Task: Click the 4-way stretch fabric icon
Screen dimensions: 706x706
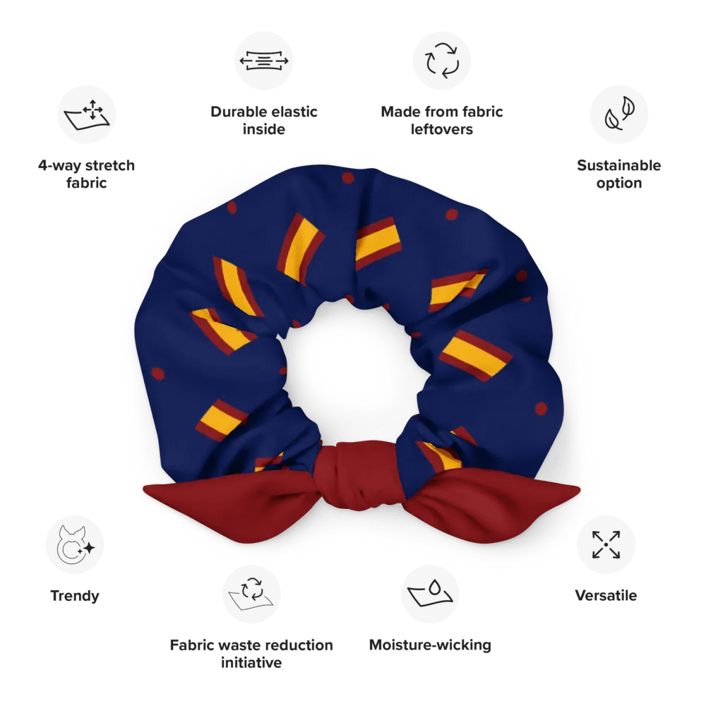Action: tap(86, 115)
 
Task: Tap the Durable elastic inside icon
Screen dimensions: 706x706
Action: tap(264, 61)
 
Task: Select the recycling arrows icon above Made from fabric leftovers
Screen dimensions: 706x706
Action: tap(442, 61)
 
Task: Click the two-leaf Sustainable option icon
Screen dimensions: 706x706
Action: tap(619, 115)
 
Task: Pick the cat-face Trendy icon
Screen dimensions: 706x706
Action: tap(75, 544)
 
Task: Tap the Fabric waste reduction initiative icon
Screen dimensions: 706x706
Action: tap(251, 593)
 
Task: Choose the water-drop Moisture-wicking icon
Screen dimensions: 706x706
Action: tap(430, 593)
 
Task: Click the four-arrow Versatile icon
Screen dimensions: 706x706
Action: tap(606, 544)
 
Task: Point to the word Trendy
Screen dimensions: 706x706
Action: tap(75, 596)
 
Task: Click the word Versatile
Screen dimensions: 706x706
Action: tap(606, 596)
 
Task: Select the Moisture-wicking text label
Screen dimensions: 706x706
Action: tap(430, 645)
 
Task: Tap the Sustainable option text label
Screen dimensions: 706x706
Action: tap(619, 174)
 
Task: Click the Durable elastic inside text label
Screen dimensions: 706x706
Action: tap(264, 120)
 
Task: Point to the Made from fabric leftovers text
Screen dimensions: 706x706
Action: tap(442, 120)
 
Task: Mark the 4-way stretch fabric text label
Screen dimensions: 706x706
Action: tap(86, 174)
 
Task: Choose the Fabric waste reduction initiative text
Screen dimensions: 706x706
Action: tap(251, 654)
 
